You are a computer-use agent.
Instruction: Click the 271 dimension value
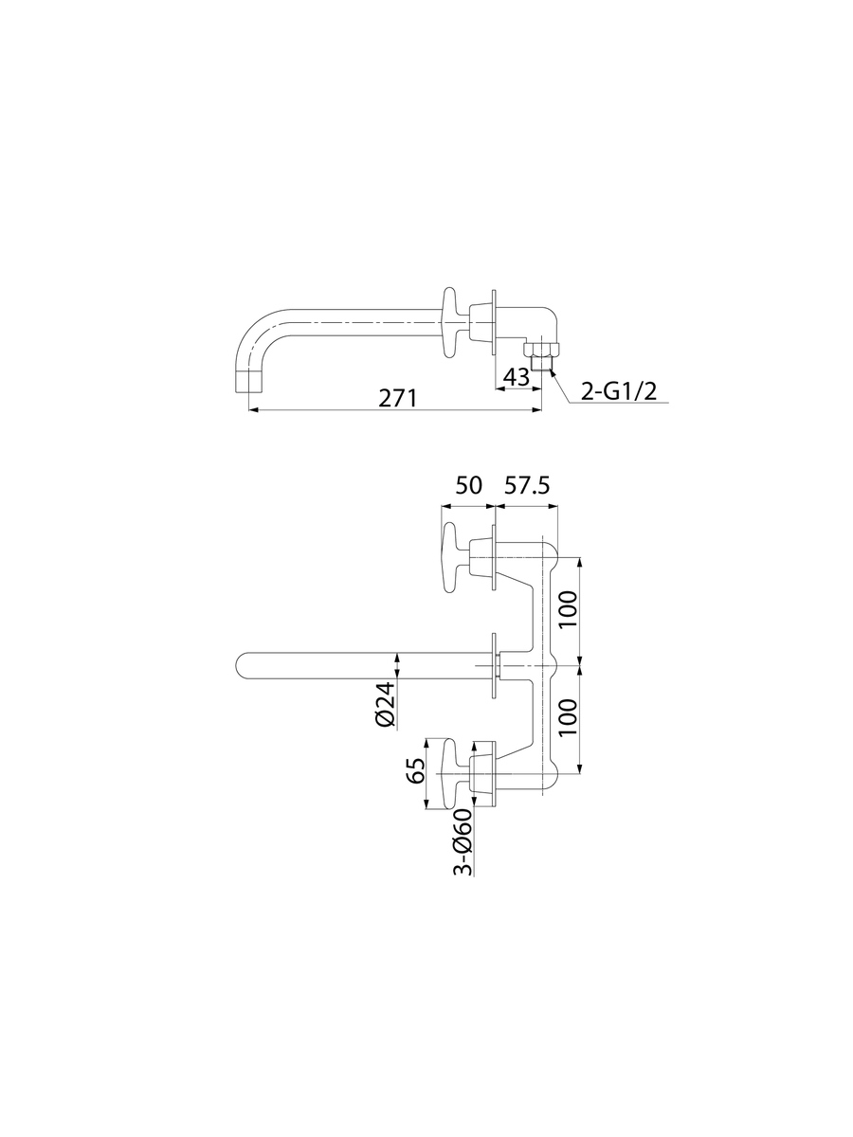(397, 398)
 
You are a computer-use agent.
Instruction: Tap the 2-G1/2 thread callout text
(618, 391)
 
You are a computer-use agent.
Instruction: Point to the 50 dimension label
(468, 485)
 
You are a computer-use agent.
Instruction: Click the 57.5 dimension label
(526, 485)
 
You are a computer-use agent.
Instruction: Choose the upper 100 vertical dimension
(568, 608)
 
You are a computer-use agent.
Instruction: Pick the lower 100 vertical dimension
(568, 717)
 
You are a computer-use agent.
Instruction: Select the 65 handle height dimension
(416, 770)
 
